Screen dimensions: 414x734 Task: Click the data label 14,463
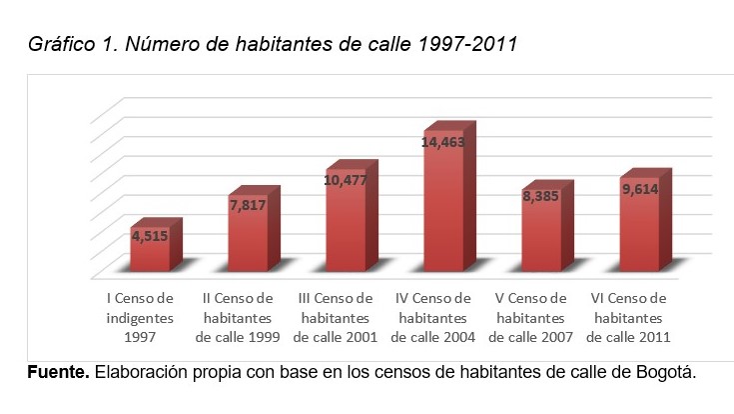coord(443,143)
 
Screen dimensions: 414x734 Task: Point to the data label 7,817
coord(248,206)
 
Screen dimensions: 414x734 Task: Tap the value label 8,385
coord(541,197)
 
